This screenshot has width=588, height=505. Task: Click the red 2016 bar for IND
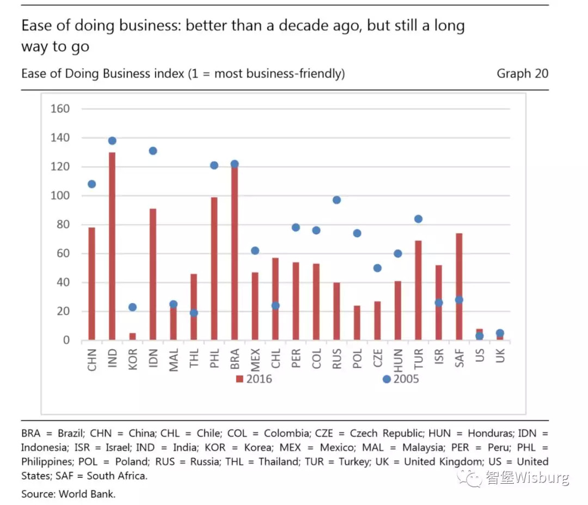point(112,246)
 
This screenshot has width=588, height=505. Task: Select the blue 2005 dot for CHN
point(91,184)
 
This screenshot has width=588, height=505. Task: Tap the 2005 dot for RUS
point(336,200)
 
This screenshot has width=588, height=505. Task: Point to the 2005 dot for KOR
point(132,307)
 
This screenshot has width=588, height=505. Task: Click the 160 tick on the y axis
point(60,108)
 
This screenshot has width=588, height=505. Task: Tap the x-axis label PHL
point(214,360)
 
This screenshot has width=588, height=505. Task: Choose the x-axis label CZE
point(378,360)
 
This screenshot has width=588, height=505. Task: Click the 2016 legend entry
point(254,379)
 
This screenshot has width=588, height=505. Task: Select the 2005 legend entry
point(401,379)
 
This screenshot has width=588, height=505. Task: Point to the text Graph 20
point(522,74)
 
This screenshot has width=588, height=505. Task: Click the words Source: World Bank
point(69,494)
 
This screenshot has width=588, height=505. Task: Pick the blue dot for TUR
point(418,219)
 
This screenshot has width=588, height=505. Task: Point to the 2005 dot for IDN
point(153,151)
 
